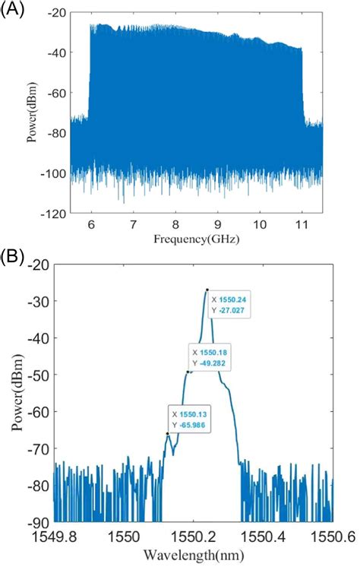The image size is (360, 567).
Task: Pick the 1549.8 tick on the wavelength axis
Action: pos(54,535)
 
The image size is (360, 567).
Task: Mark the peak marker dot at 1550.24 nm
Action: pos(207,290)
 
